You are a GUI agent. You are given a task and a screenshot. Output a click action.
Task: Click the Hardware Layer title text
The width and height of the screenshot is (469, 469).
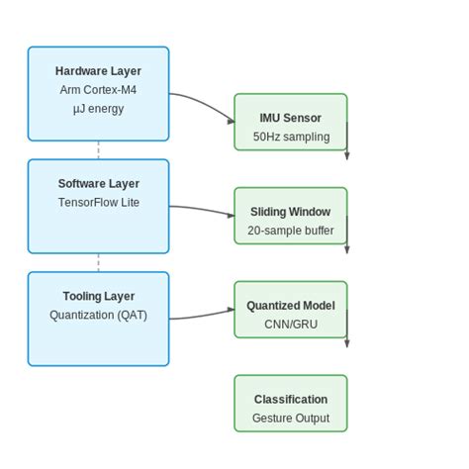pyautogui.click(x=98, y=71)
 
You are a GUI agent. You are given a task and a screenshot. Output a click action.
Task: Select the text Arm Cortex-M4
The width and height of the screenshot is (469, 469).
pyautogui.click(x=98, y=90)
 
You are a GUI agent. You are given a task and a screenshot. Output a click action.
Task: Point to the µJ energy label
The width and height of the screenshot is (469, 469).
pyautogui.click(x=98, y=109)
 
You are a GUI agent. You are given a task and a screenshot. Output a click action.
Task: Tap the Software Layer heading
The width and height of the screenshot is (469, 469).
pyautogui.click(x=98, y=184)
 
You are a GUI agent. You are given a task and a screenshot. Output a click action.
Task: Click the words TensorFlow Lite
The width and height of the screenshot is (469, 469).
pyautogui.click(x=98, y=203)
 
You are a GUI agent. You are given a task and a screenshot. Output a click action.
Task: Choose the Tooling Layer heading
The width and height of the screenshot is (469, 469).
pyautogui.click(x=98, y=297)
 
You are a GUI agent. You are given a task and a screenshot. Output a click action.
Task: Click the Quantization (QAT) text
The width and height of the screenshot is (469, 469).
pyautogui.click(x=98, y=316)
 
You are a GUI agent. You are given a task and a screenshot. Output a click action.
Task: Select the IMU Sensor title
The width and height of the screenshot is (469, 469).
pyautogui.click(x=290, y=118)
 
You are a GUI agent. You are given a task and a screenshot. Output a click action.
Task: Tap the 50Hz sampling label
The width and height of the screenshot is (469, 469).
pyautogui.click(x=290, y=137)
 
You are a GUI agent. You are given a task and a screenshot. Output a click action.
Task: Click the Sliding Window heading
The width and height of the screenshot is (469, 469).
pyautogui.click(x=290, y=212)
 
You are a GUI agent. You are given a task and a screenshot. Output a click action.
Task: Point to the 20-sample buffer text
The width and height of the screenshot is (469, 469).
pyautogui.click(x=290, y=231)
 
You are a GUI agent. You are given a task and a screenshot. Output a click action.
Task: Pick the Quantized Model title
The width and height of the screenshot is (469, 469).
pyautogui.click(x=290, y=306)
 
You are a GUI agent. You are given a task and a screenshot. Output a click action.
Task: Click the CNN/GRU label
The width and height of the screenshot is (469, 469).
pyautogui.click(x=290, y=325)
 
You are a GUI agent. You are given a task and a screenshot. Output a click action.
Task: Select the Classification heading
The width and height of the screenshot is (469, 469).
pyautogui.click(x=290, y=400)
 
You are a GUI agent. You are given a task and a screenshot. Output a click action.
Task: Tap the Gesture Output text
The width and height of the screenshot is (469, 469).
pyautogui.click(x=290, y=419)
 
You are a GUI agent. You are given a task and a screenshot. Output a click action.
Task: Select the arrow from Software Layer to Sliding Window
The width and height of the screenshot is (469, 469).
pyautogui.click(x=203, y=209)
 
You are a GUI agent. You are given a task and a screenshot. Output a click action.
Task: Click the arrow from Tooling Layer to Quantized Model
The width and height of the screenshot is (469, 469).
pyautogui.click(x=203, y=316)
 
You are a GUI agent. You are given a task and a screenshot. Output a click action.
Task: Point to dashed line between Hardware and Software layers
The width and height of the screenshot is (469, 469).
pyautogui.click(x=98, y=150)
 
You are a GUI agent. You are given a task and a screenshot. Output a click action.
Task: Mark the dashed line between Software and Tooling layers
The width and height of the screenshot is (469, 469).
pyautogui.click(x=98, y=263)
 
